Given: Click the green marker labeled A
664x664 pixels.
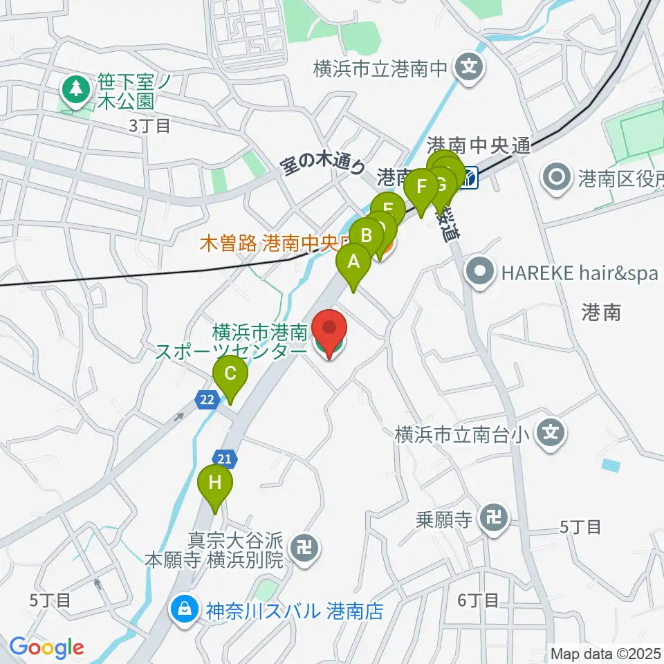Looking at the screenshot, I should [x=353, y=263].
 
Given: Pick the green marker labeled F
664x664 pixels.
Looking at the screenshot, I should [x=421, y=187].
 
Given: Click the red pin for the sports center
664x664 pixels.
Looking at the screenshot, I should [x=330, y=330].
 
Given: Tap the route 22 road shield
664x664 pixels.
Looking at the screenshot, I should [x=206, y=399].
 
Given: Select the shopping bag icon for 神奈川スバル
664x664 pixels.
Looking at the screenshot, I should [x=184, y=610].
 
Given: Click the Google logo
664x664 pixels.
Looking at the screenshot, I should [x=46, y=647].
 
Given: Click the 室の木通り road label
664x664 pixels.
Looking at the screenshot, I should [x=322, y=167].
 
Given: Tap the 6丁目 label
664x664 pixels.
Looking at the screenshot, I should [x=479, y=600].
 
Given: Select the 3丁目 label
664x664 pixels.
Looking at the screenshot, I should [x=149, y=125].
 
